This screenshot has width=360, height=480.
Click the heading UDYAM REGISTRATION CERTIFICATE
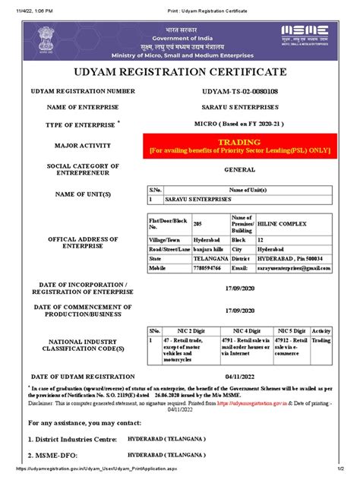[x=179, y=72]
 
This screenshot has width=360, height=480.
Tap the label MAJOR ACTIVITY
[x=82, y=145]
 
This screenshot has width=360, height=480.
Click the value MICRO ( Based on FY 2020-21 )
[x=238, y=125]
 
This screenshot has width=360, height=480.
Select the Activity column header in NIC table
[x=321, y=331]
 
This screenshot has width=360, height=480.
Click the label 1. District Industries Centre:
[x=72, y=439]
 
